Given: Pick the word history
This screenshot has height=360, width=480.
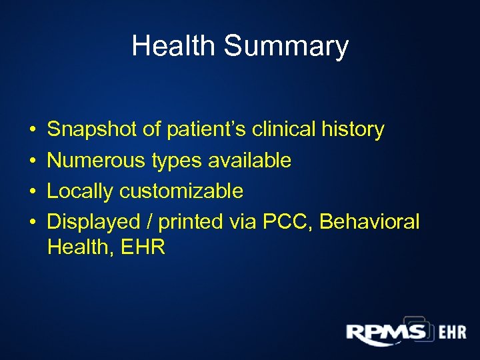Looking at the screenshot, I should tap(351, 129).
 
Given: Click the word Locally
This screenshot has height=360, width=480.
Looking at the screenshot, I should tap(80, 191).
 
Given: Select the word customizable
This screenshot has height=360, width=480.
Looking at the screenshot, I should tap(181, 191).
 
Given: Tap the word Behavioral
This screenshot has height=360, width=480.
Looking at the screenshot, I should tap(370, 222).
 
